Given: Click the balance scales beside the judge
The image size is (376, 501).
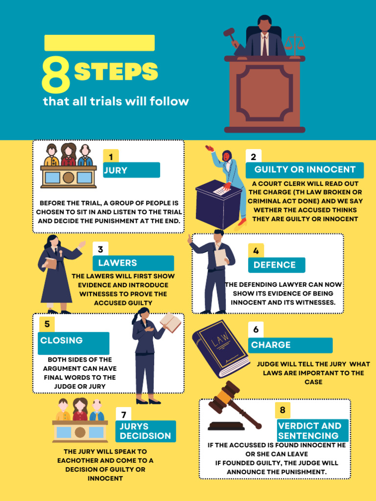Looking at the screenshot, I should pyautogui.click(x=294, y=43).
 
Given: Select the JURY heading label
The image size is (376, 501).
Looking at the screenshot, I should pyautogui.click(x=131, y=170).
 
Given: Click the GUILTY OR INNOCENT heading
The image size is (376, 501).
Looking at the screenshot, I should pyautogui.click(x=305, y=170).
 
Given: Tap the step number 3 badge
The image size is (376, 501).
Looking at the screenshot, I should pyautogui.click(x=100, y=250).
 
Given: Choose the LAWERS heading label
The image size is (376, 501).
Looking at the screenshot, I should pyautogui.click(x=133, y=263).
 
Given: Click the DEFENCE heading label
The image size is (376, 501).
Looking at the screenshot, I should pyautogui.click(x=276, y=265).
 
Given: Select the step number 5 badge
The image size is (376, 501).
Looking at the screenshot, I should pyautogui.click(x=47, y=324).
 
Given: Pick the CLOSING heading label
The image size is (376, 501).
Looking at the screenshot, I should pyautogui.click(x=73, y=341).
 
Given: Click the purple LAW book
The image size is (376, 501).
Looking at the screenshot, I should pyautogui.click(x=220, y=348).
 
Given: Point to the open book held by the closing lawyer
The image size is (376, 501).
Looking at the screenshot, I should pyautogui.click(x=170, y=322).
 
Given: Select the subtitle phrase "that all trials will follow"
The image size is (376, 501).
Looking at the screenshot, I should pyautogui.click(x=116, y=102).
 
